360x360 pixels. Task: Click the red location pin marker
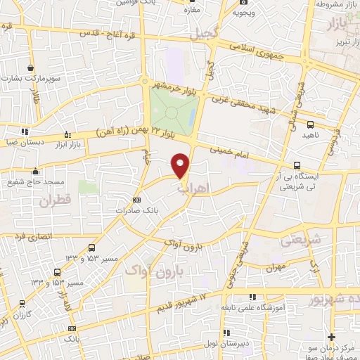coord(181,165)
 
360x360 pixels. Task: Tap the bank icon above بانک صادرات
coord(136,200)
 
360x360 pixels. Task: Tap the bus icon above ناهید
coord(310,124)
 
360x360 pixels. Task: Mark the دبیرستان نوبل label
coord(226,342)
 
